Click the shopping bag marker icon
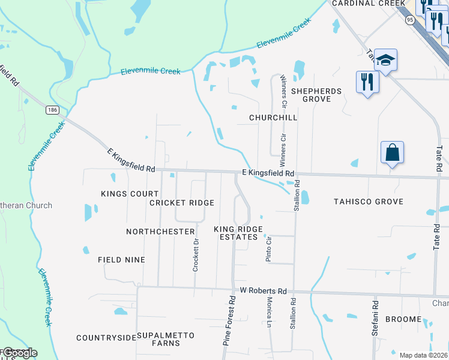click(392, 154)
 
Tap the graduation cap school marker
click(385, 61)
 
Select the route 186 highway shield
click(52, 110)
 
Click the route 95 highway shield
click(410, 20)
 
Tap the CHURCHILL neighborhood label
click(274, 118)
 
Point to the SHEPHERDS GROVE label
click(316, 95)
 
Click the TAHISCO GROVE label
click(369, 202)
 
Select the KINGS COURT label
click(130, 194)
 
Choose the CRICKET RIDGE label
click(182, 203)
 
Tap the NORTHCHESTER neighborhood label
click(160, 232)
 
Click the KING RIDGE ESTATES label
click(238, 233)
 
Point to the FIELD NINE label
click(122, 260)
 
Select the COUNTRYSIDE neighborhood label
click(106, 338)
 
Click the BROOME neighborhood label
click(403, 319)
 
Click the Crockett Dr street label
click(196, 256)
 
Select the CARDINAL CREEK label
click(369, 4)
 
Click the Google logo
click(19, 353)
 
